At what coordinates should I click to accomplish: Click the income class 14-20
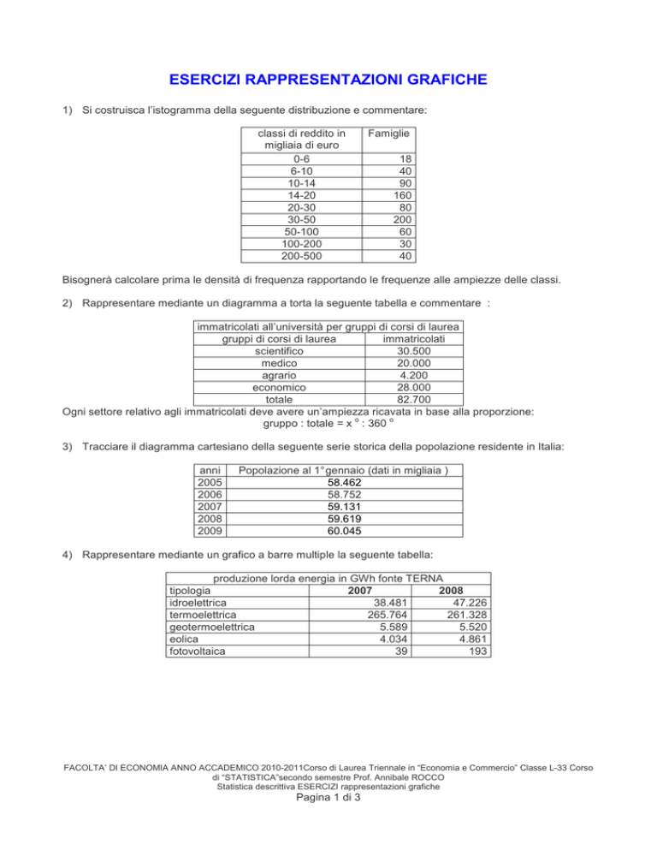click(x=296, y=194)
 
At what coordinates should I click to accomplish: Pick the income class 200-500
click(x=296, y=255)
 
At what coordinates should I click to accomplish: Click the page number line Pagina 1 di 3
click(x=328, y=827)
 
